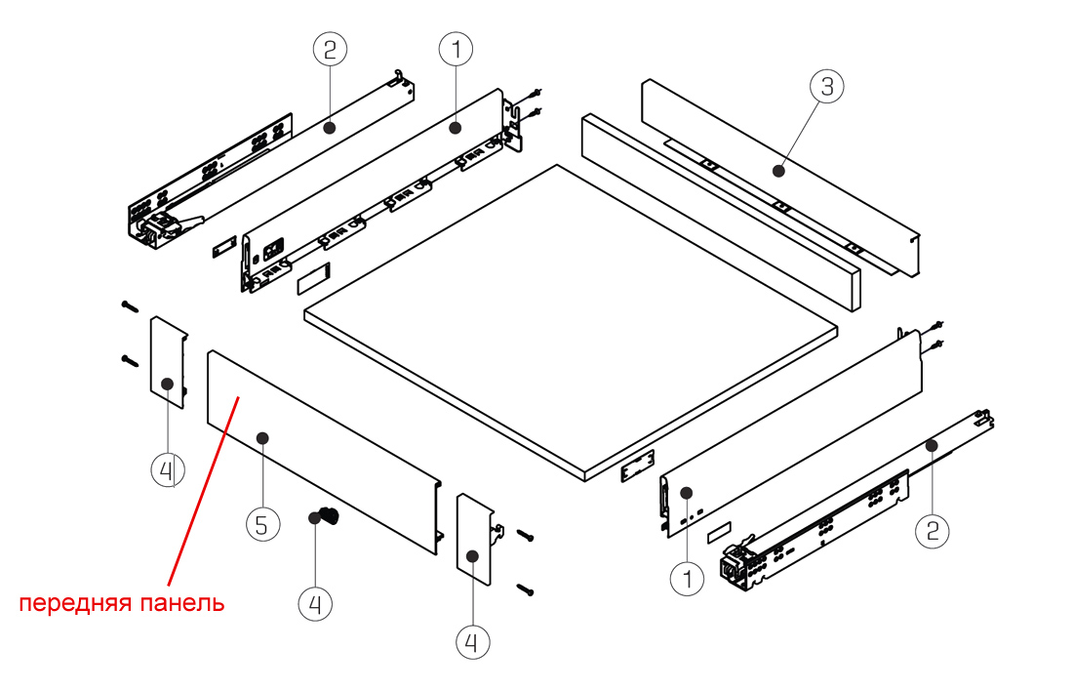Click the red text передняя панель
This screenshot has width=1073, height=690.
123,603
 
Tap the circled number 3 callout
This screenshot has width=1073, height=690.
826,86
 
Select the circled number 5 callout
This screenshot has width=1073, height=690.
261,525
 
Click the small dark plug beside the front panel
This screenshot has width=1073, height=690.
326,517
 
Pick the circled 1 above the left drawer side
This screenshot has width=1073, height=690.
456,47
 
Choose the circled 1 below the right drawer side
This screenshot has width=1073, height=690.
687,579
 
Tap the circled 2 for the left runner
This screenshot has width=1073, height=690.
329,47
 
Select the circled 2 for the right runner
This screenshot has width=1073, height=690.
933,530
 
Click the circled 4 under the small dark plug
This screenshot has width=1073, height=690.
315,604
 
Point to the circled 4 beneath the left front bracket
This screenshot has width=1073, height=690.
167,470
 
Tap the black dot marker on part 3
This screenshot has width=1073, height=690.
778,171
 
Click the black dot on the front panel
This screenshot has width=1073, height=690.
261,438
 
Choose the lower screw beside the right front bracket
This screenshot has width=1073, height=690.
526,588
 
